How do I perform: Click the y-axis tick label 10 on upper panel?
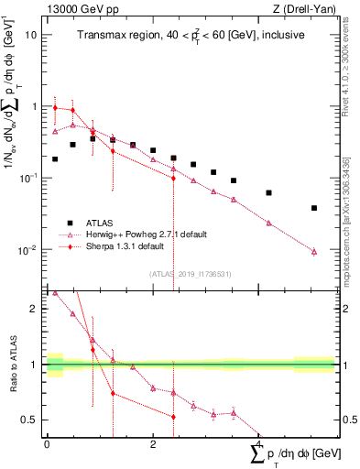[x=31, y=35]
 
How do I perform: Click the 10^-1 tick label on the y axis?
[x=27, y=178]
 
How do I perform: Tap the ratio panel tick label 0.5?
[x=29, y=420]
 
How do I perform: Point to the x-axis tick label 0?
[x=47, y=443]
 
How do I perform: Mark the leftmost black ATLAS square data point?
[x=55, y=158]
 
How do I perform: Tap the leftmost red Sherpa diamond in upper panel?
[x=55, y=108]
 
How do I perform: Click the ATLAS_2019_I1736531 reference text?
[x=191, y=274]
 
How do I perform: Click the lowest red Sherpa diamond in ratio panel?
[x=173, y=417]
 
